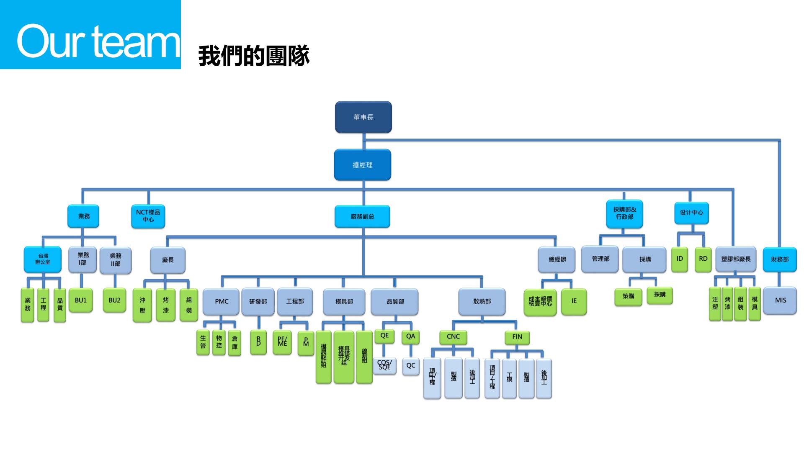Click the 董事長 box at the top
[363, 117]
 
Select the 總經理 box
[362, 165]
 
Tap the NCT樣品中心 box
[148, 216]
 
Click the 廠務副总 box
[362, 216]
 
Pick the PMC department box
[222, 301]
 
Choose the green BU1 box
[81, 300]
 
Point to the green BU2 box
[114, 300]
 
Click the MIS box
[780, 300]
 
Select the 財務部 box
[779, 259]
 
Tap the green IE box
[574, 301]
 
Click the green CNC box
[453, 336]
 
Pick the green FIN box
[517, 336]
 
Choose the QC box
[411, 366]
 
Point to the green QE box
[384, 336]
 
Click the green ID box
[679, 259]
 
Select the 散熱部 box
[482, 301]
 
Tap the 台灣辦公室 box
[43, 259]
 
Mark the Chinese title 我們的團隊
[254, 56]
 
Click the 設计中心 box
[691, 213]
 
